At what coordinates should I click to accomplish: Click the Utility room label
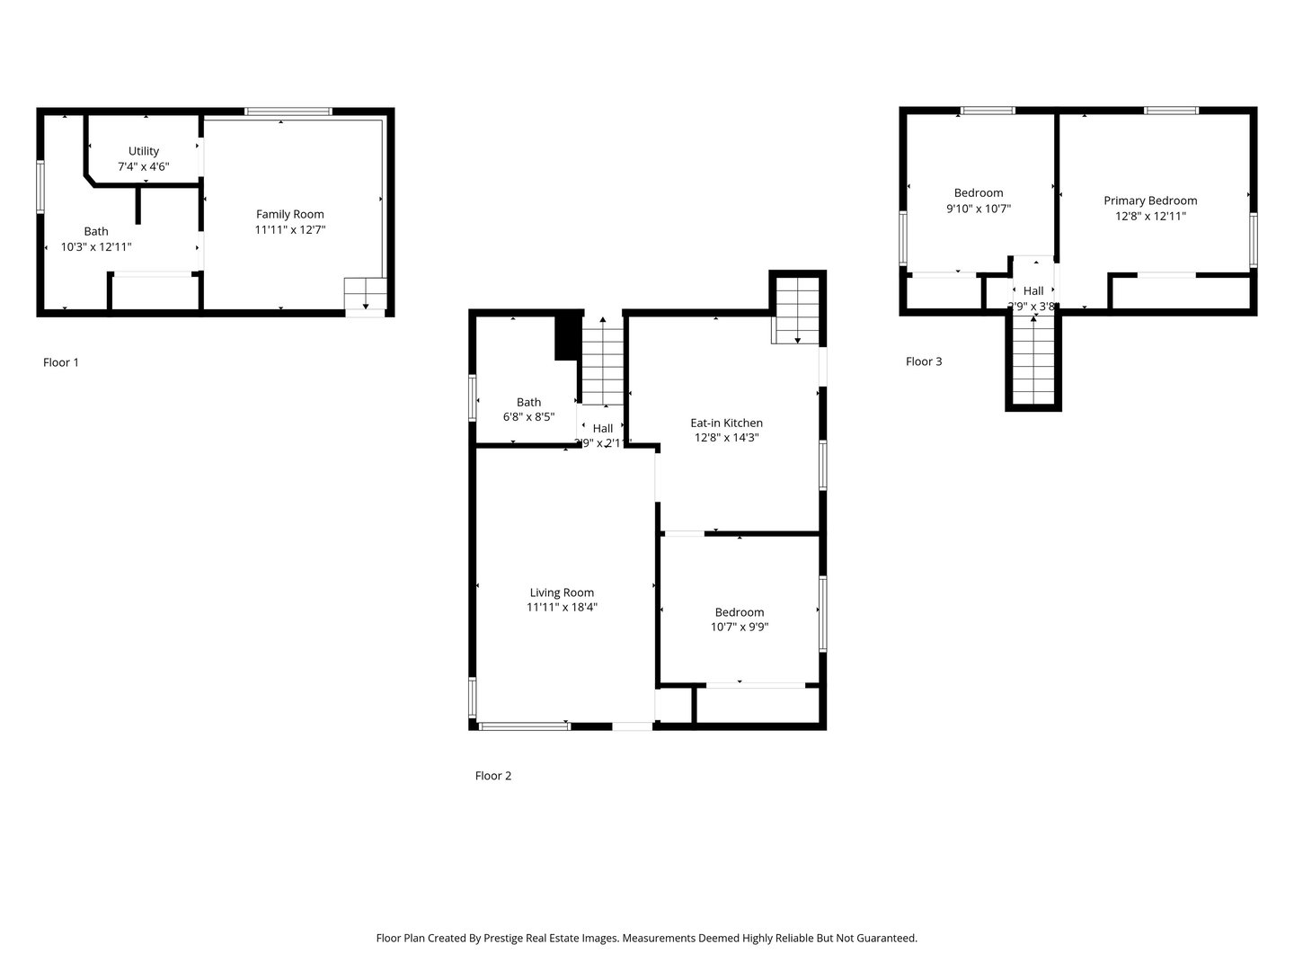click(144, 151)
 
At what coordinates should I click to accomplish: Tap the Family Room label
click(289, 214)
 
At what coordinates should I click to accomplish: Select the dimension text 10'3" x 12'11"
click(96, 246)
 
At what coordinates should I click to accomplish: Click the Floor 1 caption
click(61, 362)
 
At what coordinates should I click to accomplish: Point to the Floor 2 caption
click(493, 776)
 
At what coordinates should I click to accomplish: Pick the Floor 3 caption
click(924, 361)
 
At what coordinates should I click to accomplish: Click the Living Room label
click(562, 592)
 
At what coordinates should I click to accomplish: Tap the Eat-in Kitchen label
click(726, 423)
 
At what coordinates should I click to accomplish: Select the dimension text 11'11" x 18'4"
click(562, 608)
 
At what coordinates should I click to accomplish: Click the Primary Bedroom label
click(1150, 200)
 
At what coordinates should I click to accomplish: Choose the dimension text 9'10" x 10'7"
click(979, 208)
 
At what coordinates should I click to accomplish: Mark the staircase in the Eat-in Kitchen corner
click(797, 310)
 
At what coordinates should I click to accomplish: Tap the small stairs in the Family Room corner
click(365, 293)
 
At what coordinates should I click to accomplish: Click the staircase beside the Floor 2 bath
click(602, 364)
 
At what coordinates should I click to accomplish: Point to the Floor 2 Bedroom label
click(740, 612)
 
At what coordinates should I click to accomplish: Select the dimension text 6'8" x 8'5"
click(528, 417)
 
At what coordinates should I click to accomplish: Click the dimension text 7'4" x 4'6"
click(144, 166)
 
